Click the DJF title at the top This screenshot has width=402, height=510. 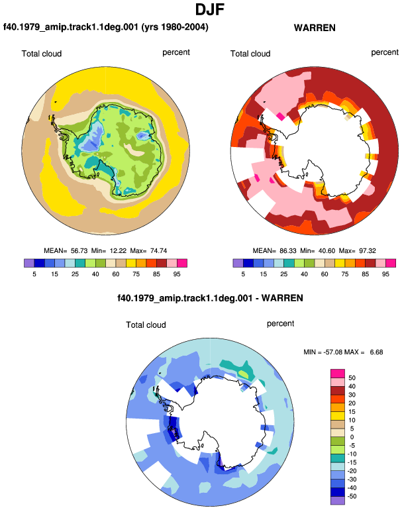[210, 10]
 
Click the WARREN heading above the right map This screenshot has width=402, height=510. [315, 28]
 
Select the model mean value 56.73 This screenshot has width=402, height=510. [79, 251]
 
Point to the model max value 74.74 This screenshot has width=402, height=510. [159, 251]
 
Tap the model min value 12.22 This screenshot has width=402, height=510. [118, 251]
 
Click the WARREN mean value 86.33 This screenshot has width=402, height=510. [288, 251]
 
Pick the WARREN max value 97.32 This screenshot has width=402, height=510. [368, 251]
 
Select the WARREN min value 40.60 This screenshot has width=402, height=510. [327, 251]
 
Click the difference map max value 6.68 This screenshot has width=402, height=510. [376, 352]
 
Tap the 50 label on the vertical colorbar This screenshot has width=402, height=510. [352, 378]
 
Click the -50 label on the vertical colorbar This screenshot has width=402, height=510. [351, 496]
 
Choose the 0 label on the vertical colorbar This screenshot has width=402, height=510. [352, 437]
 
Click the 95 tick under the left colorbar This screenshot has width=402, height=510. [177, 274]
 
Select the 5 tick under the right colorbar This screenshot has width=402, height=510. [243, 274]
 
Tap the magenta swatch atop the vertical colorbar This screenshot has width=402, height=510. [338, 374]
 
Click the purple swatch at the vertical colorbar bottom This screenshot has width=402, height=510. [338, 501]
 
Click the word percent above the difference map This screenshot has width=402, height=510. [280, 324]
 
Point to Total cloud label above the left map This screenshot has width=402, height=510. [42, 54]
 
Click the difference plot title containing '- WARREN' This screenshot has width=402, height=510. [210, 298]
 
